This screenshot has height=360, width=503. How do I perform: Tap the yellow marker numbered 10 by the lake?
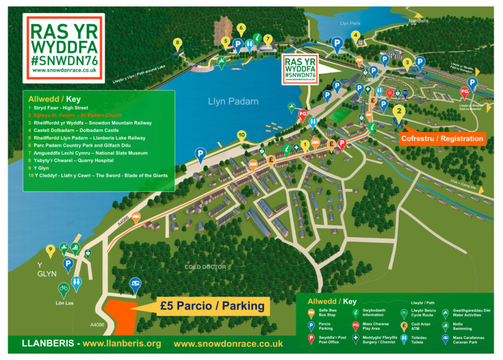(241, 135)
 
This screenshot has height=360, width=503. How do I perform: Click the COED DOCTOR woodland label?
(205, 267)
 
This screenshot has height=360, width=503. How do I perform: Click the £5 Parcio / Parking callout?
(212, 306)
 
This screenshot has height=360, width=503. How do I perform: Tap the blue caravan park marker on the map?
(135, 284)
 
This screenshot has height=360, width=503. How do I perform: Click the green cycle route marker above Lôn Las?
(63, 288)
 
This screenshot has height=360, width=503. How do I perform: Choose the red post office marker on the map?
(342, 143)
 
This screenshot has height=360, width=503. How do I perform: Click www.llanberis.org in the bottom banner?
(122, 343)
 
